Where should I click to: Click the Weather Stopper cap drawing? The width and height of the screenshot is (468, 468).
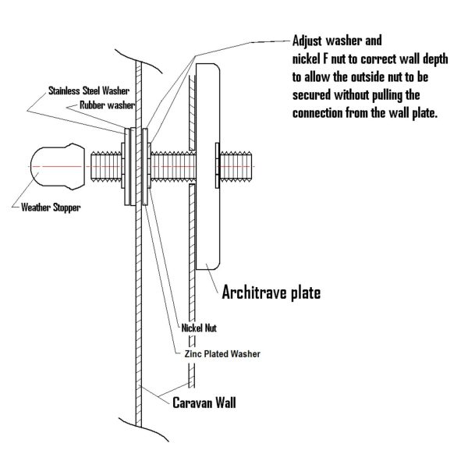tap(58, 167)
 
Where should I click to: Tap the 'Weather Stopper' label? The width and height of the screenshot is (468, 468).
tap(51, 207)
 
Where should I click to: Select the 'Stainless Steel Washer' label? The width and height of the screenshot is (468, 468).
tap(89, 90)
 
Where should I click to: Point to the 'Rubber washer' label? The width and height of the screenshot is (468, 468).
tap(107, 105)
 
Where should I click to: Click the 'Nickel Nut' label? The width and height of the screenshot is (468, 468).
tap(199, 328)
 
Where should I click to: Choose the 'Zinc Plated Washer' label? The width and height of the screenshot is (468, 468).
tap(222, 354)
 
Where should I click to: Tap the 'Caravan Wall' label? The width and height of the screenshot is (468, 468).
tap(204, 402)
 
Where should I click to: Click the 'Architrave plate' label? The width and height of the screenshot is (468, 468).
tap(271, 292)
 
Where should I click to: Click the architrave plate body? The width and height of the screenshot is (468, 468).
tap(207, 167)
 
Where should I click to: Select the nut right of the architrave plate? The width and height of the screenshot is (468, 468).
tap(218, 165)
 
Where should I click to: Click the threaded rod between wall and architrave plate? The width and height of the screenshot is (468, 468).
tap(173, 167)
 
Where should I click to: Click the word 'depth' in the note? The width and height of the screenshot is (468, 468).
tap(435, 59)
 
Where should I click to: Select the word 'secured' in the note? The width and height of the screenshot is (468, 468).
tap(311, 95)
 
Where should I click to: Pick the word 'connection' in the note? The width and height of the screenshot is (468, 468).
tap(317, 113)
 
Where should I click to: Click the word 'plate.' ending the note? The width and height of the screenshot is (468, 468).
tap(425, 113)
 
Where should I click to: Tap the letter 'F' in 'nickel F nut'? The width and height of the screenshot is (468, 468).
tap(325, 58)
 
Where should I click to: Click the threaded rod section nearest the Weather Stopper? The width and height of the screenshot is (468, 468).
tap(106, 167)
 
